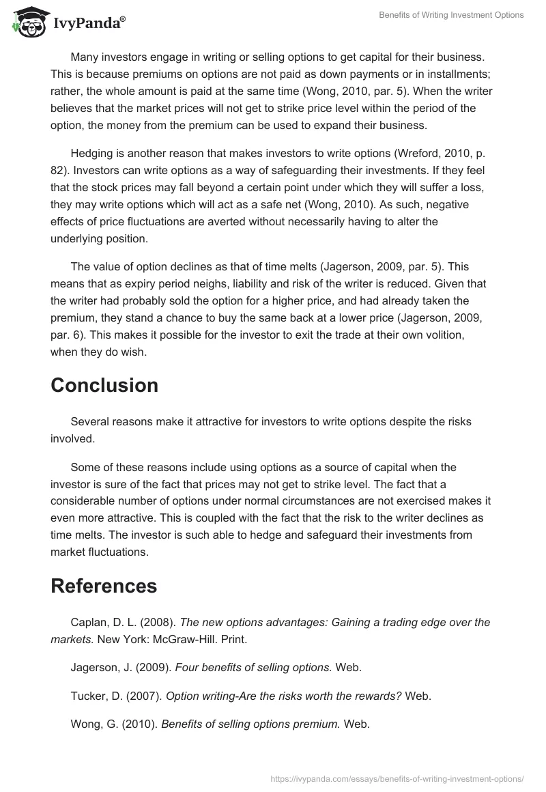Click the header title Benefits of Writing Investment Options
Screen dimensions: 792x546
click(452, 15)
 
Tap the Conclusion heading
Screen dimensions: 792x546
click(104, 385)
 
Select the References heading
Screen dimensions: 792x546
click(104, 586)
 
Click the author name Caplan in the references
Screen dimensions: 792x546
click(89, 623)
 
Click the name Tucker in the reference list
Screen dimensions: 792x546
click(87, 696)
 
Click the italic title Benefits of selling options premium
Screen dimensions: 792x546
click(250, 725)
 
